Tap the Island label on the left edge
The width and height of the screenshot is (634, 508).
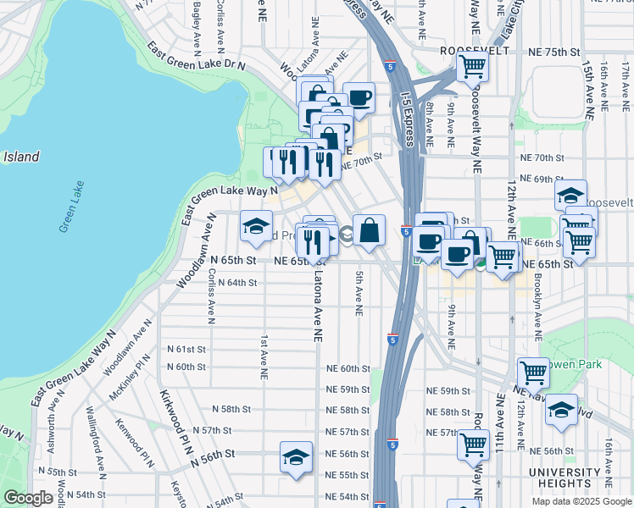pyautogui.click(x=20, y=157)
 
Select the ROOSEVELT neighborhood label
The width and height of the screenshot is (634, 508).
pyautogui.click(x=473, y=51)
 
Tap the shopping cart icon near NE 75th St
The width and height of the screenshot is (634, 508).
pyautogui.click(x=472, y=66)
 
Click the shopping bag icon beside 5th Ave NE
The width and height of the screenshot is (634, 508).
pyautogui.click(x=370, y=230)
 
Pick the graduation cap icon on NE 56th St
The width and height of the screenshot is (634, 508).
pyautogui.click(x=294, y=458)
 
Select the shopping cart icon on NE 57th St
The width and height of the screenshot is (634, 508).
pyautogui.click(x=473, y=444)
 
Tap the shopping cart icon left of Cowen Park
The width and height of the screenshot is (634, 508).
pyautogui.click(x=533, y=373)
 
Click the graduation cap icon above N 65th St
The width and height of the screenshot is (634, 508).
pyautogui.click(x=256, y=226)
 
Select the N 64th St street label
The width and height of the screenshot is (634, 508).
pyautogui.click(x=237, y=283)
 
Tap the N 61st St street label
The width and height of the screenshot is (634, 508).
pyautogui.click(x=186, y=349)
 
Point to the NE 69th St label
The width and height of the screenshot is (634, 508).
pyautogui.click(x=542, y=179)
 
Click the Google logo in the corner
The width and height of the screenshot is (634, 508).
pyautogui.click(x=28, y=498)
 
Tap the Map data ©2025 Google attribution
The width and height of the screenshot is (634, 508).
pyautogui.click(x=581, y=500)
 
